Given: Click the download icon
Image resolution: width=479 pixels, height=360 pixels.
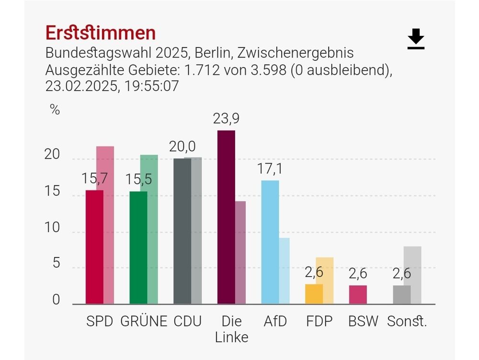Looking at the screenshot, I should point(416,39).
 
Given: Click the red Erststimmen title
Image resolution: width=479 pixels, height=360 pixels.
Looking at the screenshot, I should point(101,33).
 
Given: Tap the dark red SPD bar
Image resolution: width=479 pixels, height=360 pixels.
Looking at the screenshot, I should point(94,247).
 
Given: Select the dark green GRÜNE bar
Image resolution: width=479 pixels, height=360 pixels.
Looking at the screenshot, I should point(138,247).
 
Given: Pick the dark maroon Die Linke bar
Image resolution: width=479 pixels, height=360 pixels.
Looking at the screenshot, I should point(226,217).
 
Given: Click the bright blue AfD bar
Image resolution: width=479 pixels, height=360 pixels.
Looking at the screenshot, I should point(270,242).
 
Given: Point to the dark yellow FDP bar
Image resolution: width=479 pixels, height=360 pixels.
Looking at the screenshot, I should point(314,294).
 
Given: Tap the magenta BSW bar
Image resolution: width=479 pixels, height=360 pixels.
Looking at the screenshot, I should point(358,294).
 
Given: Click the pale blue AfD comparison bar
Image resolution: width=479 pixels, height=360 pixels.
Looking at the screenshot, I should point(285,271).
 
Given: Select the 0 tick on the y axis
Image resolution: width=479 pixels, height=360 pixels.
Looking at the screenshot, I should point(56,300).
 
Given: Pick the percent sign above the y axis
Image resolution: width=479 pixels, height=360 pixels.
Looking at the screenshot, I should point(55,110).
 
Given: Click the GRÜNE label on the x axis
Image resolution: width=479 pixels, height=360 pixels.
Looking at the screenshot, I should point(144,321).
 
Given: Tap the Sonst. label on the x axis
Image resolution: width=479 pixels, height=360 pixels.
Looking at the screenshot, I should point(407,321).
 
